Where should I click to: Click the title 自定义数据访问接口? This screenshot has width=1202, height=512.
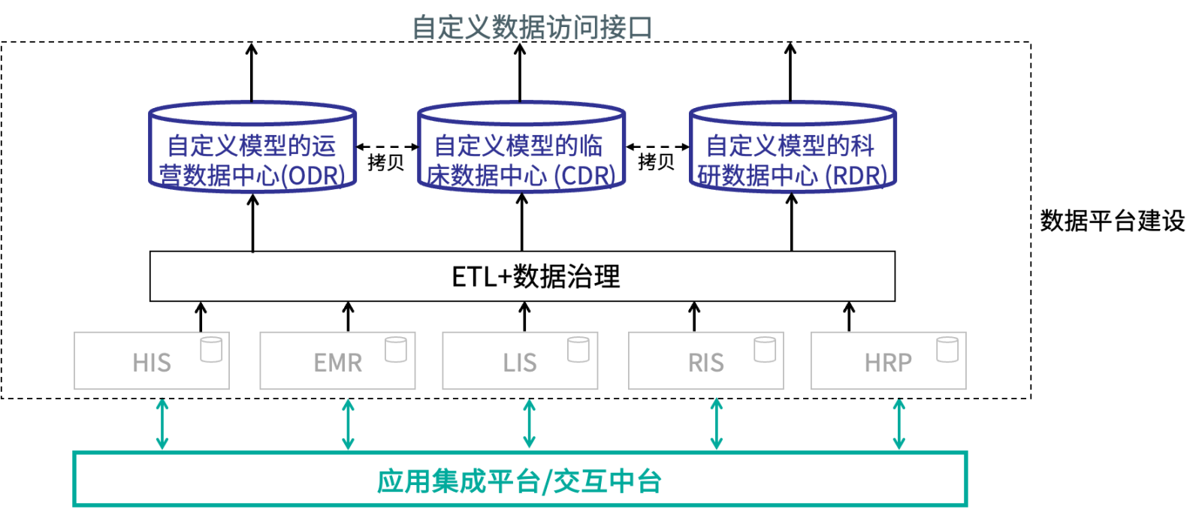pos(532,28)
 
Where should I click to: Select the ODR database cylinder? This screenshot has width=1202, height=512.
pos(252,147)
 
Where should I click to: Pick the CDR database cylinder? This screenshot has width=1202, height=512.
pos(521,147)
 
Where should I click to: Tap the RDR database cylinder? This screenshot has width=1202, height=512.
pos(793,147)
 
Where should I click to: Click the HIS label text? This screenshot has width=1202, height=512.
pos(152,363)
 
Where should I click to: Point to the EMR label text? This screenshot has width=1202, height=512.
pos(338,363)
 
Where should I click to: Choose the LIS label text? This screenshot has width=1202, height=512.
pos(520,363)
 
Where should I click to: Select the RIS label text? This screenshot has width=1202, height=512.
pos(706,363)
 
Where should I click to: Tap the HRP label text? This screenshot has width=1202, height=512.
pos(888,363)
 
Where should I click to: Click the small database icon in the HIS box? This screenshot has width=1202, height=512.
pos(211,350)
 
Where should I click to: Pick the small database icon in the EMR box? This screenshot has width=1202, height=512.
pos(396,350)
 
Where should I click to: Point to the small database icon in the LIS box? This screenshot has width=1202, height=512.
pos(578,350)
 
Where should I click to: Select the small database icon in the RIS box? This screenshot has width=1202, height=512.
pos(765,350)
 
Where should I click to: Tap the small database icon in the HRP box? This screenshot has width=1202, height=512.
pos(947,350)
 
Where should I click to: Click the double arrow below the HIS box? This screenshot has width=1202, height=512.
pos(162,424)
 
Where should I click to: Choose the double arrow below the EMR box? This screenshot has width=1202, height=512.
pos(348,424)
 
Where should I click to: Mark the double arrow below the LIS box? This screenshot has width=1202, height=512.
pos(529,424)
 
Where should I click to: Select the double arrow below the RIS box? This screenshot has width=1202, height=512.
pos(716,424)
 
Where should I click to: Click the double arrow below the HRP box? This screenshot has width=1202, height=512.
pos(898,424)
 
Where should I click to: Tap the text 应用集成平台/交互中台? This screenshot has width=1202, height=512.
pos(519,481)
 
